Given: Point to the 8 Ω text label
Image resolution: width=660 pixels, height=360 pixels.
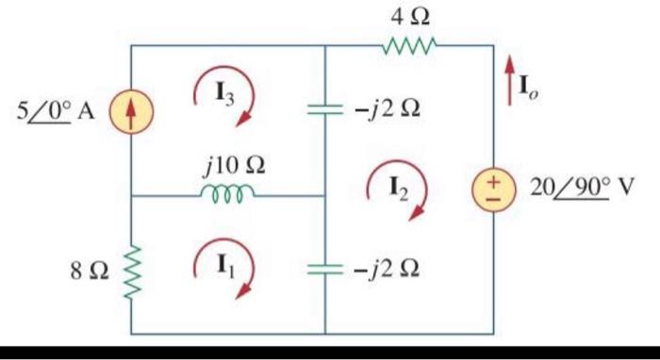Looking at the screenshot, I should point(86,270).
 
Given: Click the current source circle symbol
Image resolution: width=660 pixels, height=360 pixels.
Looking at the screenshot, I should point(131,110).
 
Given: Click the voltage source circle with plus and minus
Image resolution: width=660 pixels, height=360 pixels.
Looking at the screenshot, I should point(494,186).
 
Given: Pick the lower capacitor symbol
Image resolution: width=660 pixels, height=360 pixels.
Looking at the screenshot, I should point(324,270).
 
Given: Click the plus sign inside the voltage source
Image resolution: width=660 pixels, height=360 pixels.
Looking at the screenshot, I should point(494,177).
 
